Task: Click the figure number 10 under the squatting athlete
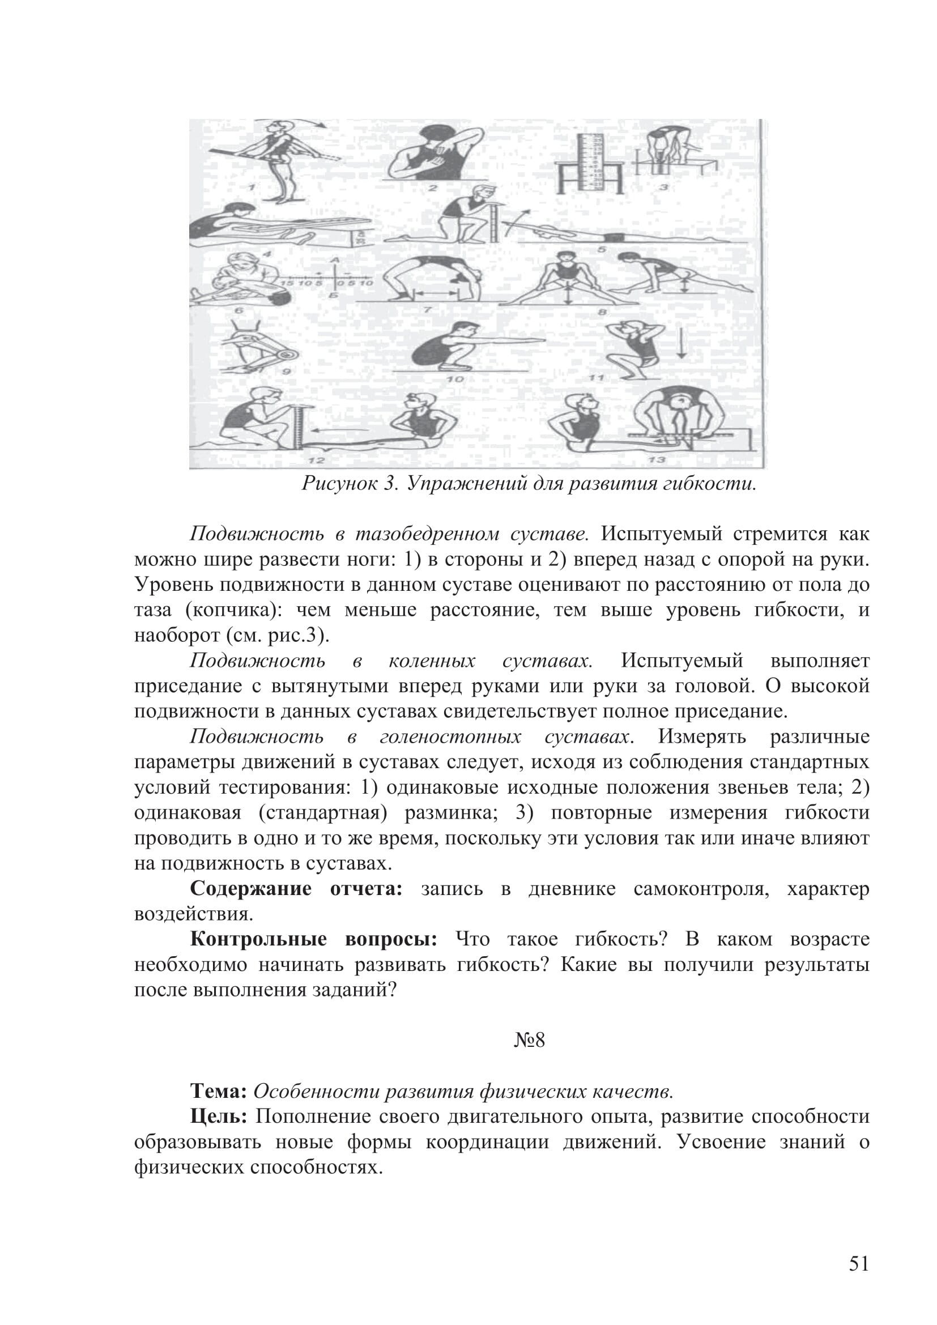coord(455,379)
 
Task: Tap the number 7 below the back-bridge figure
coord(428,310)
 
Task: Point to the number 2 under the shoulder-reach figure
coord(433,188)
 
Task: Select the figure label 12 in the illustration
coord(316,461)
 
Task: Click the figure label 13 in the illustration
coord(658,459)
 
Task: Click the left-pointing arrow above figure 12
coord(335,431)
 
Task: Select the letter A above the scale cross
coord(335,261)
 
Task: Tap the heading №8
coord(529,1041)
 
